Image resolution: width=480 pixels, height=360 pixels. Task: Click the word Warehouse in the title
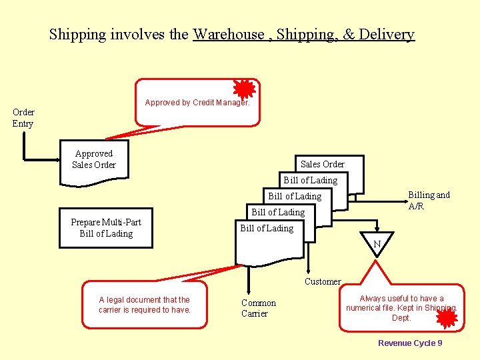pos(229,35)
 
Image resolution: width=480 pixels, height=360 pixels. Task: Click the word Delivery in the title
pos(387,35)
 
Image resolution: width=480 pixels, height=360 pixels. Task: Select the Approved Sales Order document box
pos(94,159)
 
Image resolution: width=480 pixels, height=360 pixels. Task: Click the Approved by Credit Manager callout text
pos(197,103)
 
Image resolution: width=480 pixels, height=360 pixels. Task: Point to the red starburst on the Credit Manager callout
pos(245,89)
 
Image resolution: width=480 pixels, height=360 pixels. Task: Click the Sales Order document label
pos(323,164)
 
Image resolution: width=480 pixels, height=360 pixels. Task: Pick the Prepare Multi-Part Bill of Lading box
pos(106,228)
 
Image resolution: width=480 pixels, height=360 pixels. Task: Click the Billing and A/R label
pos(429,201)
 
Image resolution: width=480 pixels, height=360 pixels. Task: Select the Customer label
pos(323,281)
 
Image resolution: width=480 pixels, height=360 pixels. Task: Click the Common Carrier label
pos(259,308)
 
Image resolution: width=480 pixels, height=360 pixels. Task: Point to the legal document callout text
pos(144,305)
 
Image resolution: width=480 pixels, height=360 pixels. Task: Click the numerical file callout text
pos(401,308)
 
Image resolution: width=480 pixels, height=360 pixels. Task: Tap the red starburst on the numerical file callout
pos(446,319)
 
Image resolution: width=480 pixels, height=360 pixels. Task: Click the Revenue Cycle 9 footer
pos(410,343)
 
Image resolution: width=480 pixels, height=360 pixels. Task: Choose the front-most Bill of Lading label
pos(267,228)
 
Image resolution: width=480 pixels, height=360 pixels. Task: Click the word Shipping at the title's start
pos(77,35)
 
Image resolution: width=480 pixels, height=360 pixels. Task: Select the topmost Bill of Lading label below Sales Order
pos(311,180)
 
